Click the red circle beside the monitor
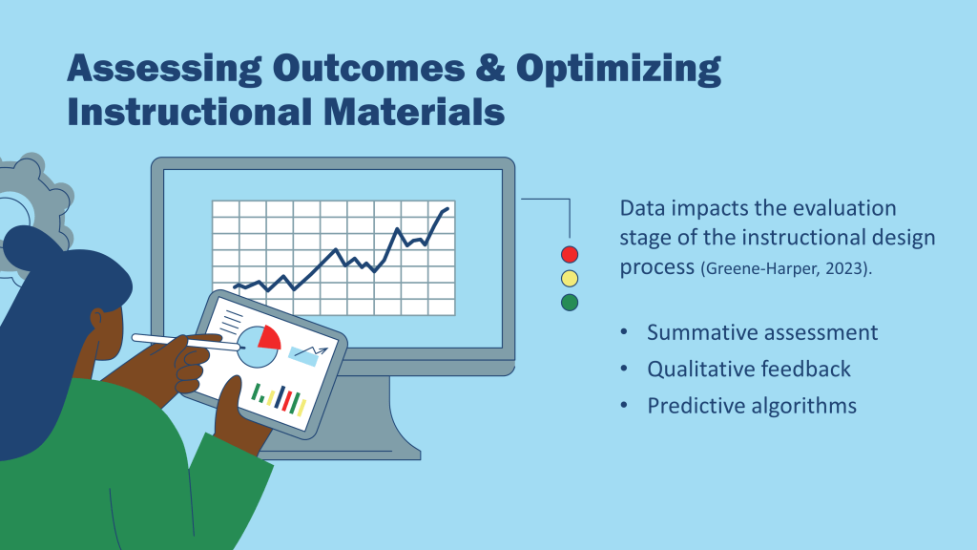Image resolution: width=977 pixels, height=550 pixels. tap(570, 254)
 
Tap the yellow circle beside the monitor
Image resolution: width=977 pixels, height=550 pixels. tap(570, 278)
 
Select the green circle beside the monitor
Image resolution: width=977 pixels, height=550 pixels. tap(570, 303)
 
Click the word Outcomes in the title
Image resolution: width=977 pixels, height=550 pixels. tap(368, 68)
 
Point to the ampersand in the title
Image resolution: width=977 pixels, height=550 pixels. tap(490, 68)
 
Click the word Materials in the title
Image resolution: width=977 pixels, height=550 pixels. tap(414, 113)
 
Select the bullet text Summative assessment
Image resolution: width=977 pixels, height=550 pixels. tap(762, 332)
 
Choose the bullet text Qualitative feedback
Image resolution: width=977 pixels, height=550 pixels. tap(748, 370)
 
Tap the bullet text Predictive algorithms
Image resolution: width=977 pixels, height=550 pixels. tap(752, 406)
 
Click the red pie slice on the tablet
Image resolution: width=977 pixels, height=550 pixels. tap(270, 337)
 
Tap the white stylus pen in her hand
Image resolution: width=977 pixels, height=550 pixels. tap(186, 343)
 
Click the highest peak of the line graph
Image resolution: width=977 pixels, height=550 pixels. tap(447, 209)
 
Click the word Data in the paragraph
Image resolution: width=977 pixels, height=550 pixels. tap(642, 208)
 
